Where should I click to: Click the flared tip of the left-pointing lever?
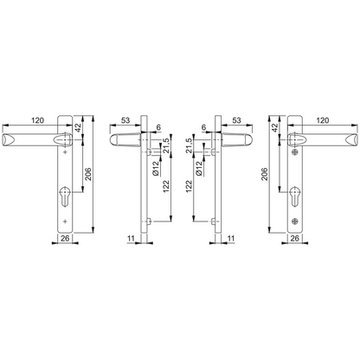pos(10,138)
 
